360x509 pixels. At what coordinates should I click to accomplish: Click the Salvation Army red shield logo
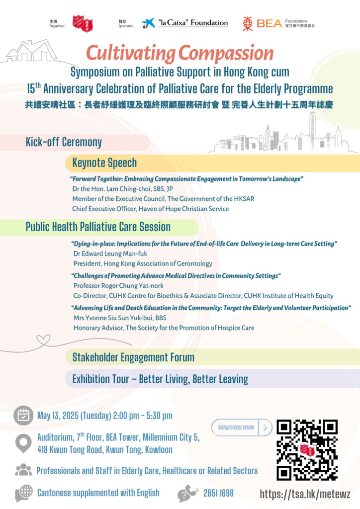[x=82, y=23]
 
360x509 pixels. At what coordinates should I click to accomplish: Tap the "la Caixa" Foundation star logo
[x=148, y=23]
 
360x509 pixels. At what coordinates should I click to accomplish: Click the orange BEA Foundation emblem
[x=248, y=23]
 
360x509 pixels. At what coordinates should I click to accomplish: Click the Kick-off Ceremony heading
[x=64, y=142]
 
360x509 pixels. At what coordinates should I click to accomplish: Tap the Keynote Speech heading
[x=104, y=163]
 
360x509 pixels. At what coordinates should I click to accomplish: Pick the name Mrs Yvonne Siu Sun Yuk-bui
[x=119, y=318]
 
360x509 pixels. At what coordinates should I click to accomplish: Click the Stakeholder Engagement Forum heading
[x=133, y=357]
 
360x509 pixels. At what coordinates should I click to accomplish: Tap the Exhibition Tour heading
[x=160, y=379]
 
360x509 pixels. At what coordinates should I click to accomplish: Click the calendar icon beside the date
[x=23, y=416]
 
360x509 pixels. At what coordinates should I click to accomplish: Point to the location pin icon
[x=23, y=443]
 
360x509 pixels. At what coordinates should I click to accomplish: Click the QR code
[x=307, y=449]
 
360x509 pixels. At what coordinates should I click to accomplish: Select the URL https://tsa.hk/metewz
[x=305, y=494]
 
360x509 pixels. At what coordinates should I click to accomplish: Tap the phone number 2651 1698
[x=218, y=493]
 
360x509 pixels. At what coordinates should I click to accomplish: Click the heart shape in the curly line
[x=43, y=340]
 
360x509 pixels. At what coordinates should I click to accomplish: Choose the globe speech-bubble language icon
[x=24, y=493]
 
